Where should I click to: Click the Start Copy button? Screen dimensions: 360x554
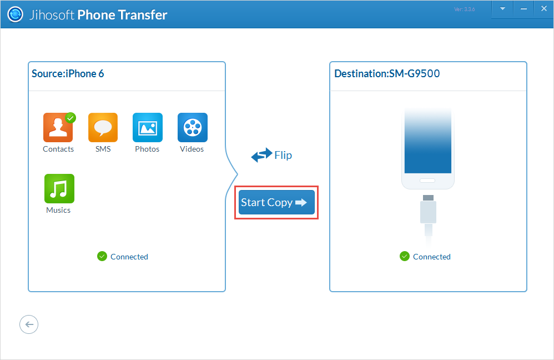[276, 203]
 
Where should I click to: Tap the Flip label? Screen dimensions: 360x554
[283, 155]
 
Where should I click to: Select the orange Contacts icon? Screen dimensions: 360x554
[58, 128]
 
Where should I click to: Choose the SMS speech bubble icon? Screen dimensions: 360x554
[103, 128]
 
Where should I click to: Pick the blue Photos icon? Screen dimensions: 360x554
[147, 128]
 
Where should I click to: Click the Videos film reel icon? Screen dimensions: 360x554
[192, 128]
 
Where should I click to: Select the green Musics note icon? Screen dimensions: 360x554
[59, 189]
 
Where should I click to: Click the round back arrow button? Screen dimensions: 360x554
[29, 324]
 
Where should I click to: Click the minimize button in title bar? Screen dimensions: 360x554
[523, 9]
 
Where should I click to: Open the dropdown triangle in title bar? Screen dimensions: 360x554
[503, 9]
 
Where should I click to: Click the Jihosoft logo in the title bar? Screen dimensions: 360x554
[16, 15]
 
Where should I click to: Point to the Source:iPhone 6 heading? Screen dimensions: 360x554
[68, 74]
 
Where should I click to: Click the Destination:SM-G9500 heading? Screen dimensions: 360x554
[387, 74]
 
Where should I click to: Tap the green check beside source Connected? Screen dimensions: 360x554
[102, 256]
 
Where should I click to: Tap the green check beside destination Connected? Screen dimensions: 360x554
[404, 256]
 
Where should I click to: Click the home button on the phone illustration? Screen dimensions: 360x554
[427, 181]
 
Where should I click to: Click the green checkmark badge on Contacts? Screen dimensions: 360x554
[70, 118]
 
